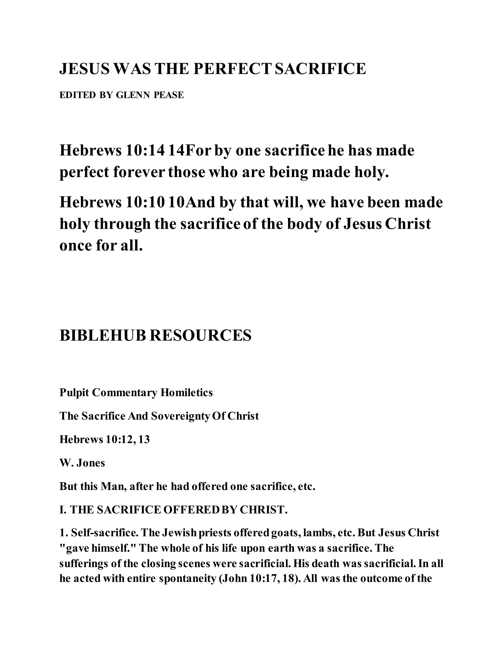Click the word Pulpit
click(x=74, y=393)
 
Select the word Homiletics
click(x=187, y=393)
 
